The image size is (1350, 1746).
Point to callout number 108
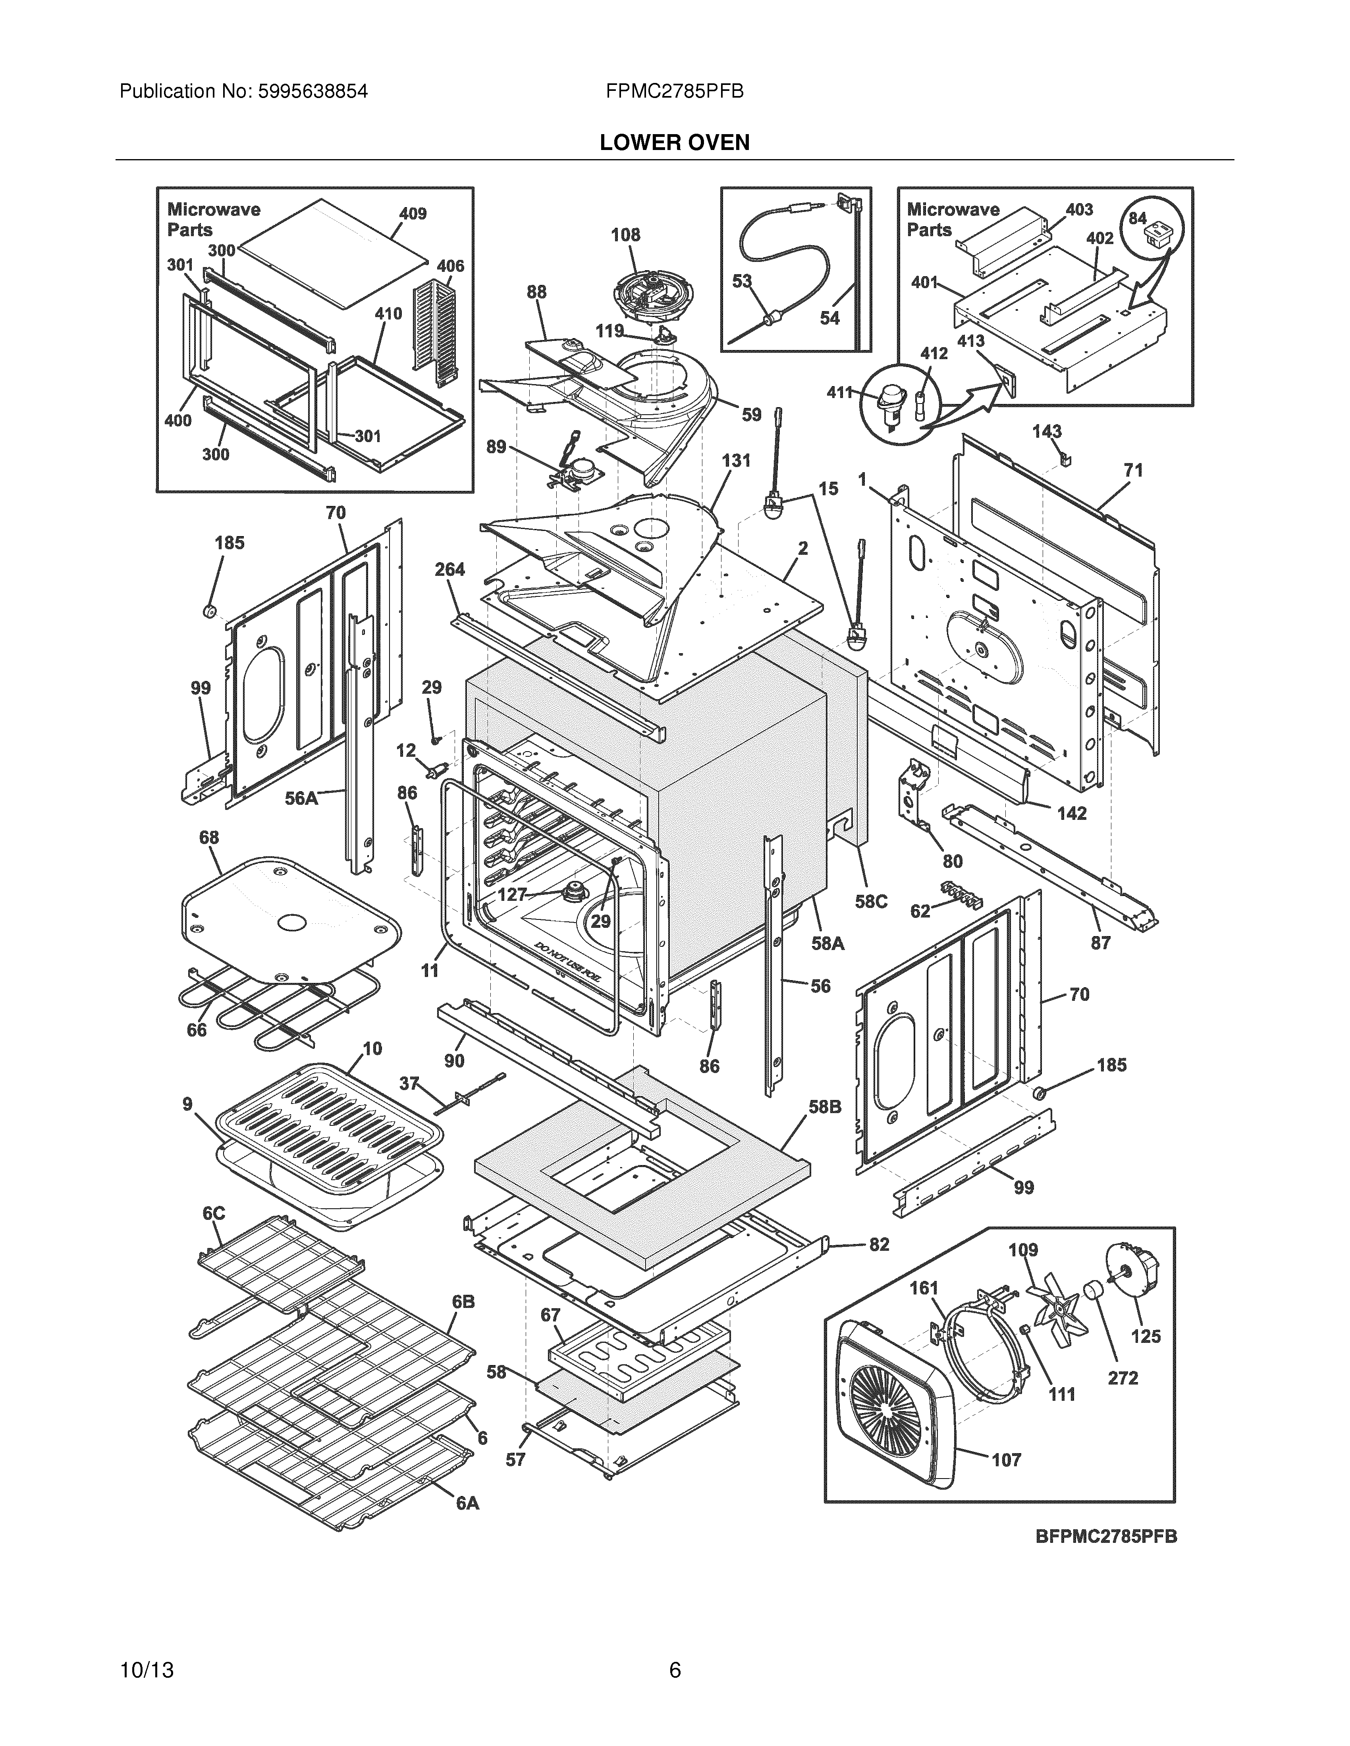(x=625, y=235)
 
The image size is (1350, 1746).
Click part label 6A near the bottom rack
(x=468, y=1504)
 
